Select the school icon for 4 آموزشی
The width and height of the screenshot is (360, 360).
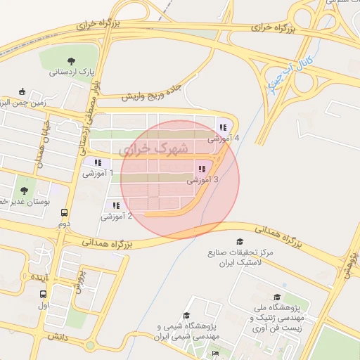click(x=223, y=127)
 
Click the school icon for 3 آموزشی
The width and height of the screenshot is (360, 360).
click(x=202, y=169)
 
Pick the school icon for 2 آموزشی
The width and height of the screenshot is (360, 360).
click(x=116, y=205)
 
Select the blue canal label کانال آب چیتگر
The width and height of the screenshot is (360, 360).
click(x=295, y=69)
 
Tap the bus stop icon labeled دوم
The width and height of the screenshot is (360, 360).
click(x=65, y=212)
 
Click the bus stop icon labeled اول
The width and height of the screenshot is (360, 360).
click(x=45, y=295)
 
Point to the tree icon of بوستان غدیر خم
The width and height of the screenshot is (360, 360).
click(x=25, y=190)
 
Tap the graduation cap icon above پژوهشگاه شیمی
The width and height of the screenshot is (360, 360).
click(x=186, y=316)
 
